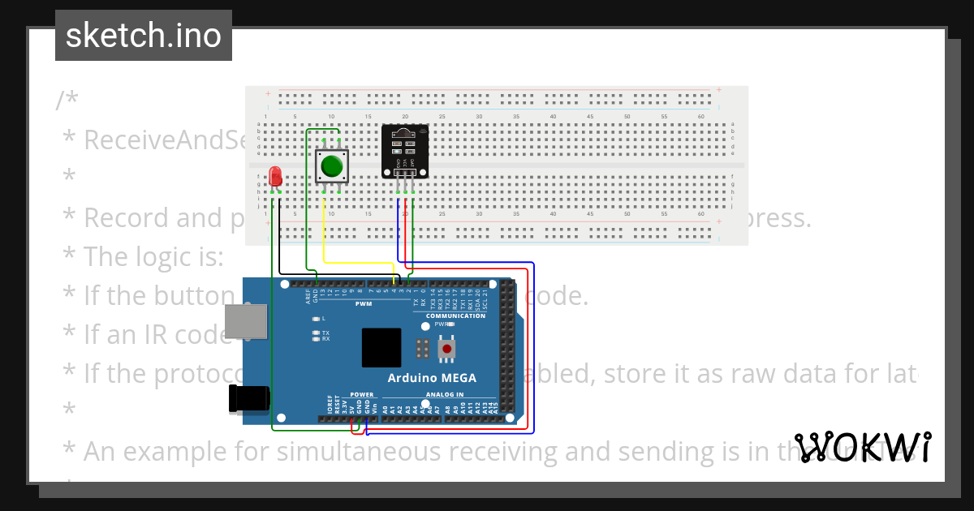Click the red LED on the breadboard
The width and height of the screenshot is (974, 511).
(276, 176)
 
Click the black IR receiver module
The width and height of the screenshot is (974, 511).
(405, 150)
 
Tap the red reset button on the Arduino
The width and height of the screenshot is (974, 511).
(446, 349)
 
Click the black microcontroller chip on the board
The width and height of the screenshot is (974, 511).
(381, 348)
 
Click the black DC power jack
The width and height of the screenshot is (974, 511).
(248, 398)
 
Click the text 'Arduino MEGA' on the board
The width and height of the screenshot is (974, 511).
(431, 378)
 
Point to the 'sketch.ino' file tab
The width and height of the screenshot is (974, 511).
(144, 36)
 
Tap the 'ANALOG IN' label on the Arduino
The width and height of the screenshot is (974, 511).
(444, 395)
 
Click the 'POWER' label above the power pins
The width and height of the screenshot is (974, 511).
(362, 395)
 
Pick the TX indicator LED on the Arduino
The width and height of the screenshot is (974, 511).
(316, 333)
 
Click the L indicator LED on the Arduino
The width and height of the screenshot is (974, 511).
(316, 318)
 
